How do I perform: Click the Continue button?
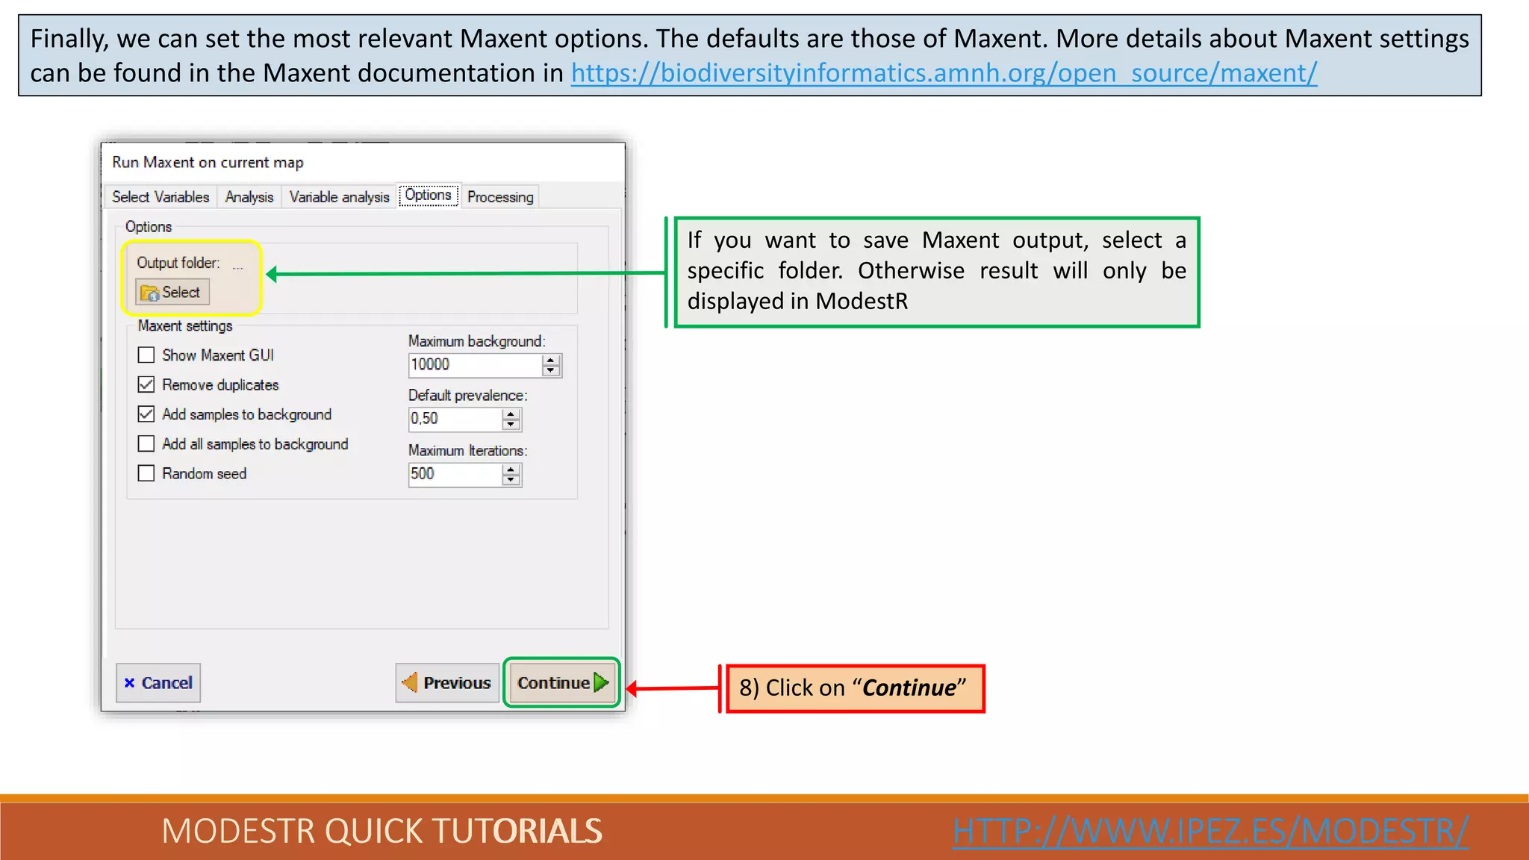tap(561, 682)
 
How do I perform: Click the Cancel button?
tap(158, 682)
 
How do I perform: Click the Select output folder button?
tap(172, 292)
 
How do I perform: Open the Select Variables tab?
tap(161, 197)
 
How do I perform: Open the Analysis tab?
tap(249, 197)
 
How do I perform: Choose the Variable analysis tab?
tap(339, 197)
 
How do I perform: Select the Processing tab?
tap(500, 197)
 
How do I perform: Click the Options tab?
tap(429, 196)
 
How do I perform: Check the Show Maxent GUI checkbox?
tap(146, 355)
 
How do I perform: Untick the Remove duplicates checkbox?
tap(146, 384)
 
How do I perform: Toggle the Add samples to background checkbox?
tap(146, 414)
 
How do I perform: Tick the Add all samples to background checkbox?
tap(146, 444)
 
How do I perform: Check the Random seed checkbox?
tap(146, 473)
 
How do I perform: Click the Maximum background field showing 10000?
tap(474, 365)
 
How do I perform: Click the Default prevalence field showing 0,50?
tap(454, 419)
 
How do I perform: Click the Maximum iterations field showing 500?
tap(454, 474)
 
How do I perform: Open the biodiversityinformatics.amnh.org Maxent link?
tap(944, 73)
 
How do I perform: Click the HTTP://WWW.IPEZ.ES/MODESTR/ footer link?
tap(1210, 831)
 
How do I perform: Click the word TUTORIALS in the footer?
tap(517, 831)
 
